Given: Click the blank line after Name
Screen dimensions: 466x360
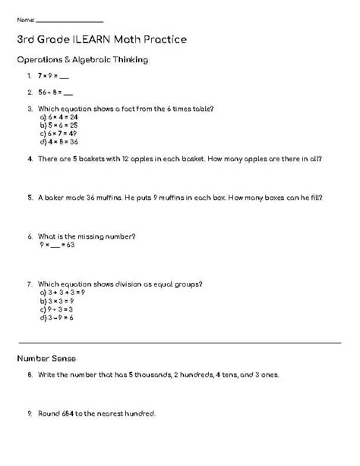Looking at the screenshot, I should point(69,20).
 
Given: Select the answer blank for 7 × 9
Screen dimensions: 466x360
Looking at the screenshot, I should point(65,77).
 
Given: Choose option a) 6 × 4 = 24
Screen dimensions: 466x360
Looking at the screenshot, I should point(58,118).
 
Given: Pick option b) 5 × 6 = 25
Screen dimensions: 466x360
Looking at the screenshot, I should point(58,125).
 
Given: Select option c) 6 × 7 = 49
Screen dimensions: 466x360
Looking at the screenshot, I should point(58,133).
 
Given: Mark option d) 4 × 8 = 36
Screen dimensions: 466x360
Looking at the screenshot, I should point(58,141).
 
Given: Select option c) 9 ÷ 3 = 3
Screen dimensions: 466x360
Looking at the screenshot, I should point(56,309).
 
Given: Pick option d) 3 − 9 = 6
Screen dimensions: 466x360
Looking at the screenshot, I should point(56,318).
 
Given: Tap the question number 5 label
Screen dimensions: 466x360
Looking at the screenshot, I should point(28,198).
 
